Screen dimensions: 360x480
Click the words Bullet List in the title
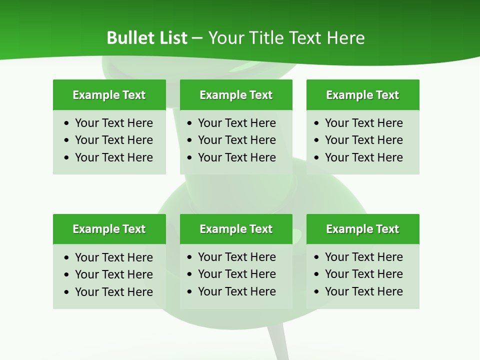pos(147,38)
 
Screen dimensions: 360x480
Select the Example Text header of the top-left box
pos(109,95)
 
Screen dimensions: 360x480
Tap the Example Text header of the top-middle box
pos(236,95)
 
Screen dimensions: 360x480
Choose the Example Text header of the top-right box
pos(362,95)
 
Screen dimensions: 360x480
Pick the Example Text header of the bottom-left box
pos(109,229)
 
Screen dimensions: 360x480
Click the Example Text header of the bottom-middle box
pos(236,229)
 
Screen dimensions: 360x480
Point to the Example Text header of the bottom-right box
pos(362,229)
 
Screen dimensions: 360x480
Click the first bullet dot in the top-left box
pos(67,123)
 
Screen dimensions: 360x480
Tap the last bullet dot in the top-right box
pos(317,158)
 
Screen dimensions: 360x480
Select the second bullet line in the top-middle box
pos(236,140)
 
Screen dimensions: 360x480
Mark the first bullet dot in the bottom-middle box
pos(190,257)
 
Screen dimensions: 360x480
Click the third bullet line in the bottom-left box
pos(113,292)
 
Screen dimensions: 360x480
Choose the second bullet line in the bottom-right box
pos(363,274)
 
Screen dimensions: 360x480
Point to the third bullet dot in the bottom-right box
pos(317,292)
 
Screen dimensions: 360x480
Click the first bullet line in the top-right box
pos(363,123)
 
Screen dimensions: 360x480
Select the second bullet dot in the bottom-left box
pos(67,275)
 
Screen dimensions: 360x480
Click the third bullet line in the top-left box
pos(113,157)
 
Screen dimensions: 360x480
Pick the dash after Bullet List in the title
pos(197,38)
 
